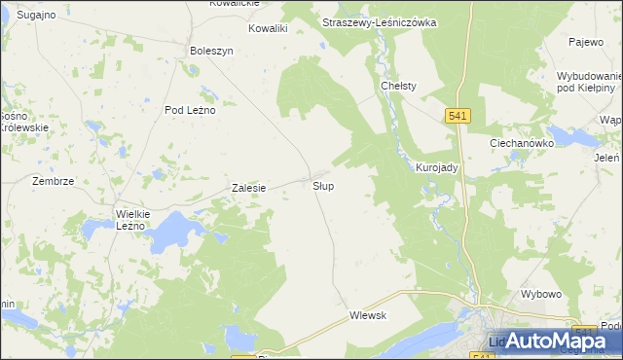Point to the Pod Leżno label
coord(189,110)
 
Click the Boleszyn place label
coord(212,51)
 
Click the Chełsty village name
coord(398,86)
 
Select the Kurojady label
coord(437,167)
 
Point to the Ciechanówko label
coord(521,142)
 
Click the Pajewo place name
coord(586,42)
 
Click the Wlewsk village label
coord(368,315)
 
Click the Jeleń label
coord(606,156)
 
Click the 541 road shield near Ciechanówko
coord(459,116)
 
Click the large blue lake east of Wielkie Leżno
coord(173,232)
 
